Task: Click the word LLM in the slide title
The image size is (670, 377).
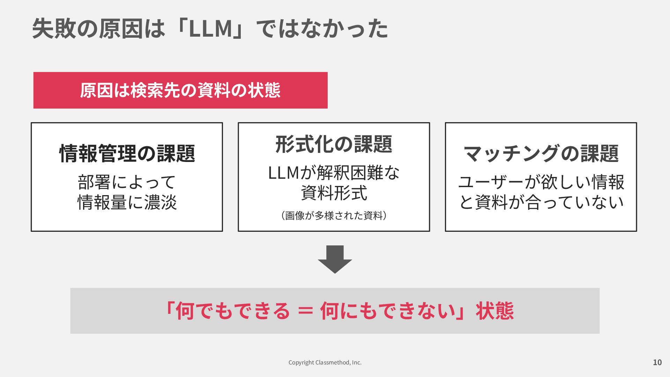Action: [210, 29]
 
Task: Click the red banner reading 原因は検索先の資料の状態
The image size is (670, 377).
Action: [180, 90]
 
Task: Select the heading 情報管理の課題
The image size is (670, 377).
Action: [127, 153]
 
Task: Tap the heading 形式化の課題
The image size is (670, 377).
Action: [334, 144]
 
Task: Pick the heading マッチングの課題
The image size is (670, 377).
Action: [541, 153]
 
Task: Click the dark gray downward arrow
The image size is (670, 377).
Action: [335, 259]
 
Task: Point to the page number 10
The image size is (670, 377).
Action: [657, 362]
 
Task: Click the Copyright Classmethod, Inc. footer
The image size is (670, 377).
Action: [325, 362]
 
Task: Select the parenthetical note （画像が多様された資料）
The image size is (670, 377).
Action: [334, 215]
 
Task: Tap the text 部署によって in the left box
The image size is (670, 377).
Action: [127, 182]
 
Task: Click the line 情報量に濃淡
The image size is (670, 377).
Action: [127, 202]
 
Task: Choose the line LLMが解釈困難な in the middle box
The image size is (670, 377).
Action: [334, 172]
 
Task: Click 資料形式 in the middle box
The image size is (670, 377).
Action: [334, 193]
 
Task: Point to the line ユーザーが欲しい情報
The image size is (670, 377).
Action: [541, 182]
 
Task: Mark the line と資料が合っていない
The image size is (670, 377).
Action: [541, 202]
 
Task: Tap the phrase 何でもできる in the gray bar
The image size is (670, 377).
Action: [232, 311]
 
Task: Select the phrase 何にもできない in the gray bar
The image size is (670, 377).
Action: [388, 311]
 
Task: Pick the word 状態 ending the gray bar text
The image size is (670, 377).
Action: [494, 311]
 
